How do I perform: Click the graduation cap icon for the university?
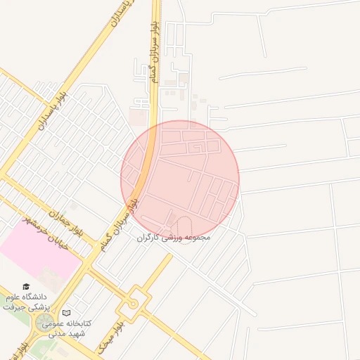point(27,287)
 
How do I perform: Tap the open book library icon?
point(67,313)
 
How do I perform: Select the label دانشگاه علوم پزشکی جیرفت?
point(28,302)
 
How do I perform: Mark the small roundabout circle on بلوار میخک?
point(131,304)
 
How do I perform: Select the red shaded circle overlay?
point(181,180)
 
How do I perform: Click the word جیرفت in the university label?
point(13,307)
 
